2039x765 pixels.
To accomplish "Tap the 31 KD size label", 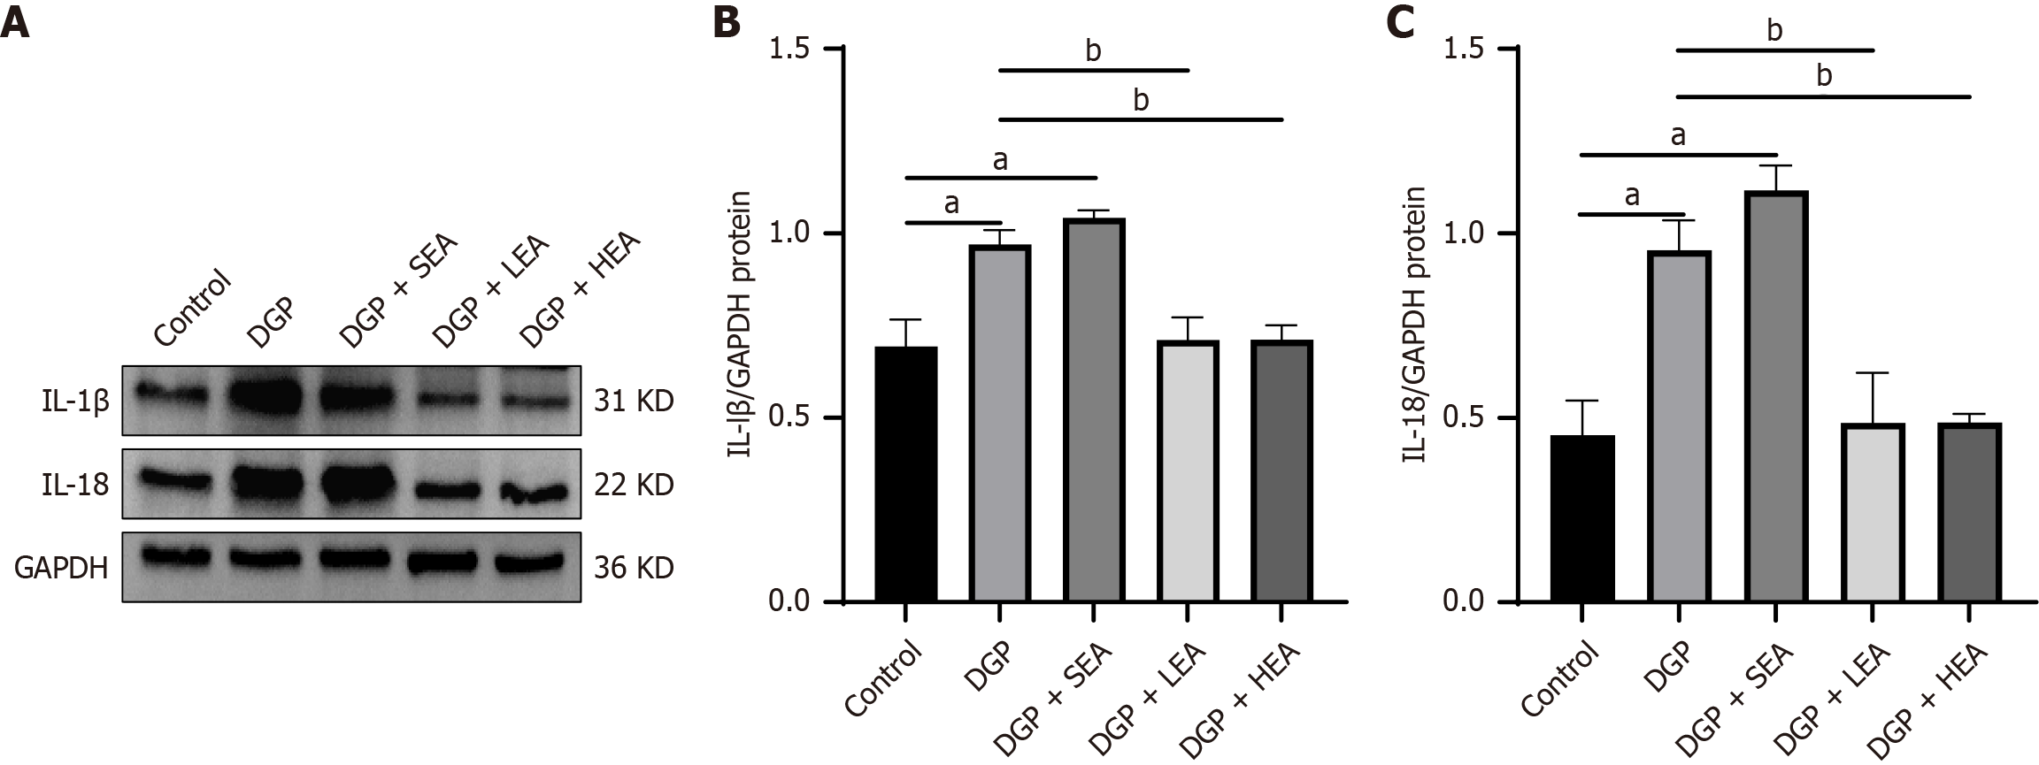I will coord(633,402).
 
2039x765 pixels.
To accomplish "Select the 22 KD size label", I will coord(633,485).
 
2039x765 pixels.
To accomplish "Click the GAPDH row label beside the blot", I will coord(61,567).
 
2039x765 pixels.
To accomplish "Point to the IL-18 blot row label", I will coord(73,485).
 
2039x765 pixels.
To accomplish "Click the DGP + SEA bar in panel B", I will coord(1094,411).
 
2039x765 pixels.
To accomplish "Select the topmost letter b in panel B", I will coord(1093,51).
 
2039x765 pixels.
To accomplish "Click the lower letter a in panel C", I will coord(1633,195).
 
